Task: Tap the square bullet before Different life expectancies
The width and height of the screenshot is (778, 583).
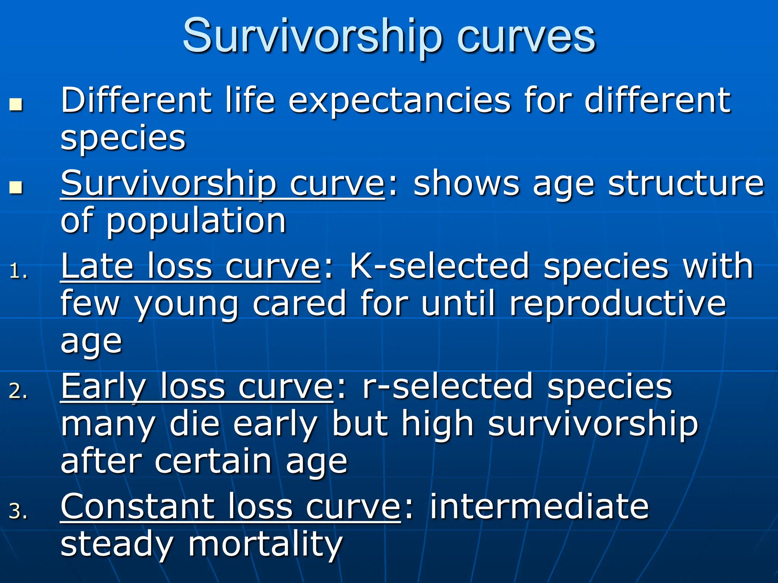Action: coord(16,104)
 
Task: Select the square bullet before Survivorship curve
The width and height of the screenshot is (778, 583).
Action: coord(16,187)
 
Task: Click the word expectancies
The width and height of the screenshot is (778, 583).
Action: coord(399,101)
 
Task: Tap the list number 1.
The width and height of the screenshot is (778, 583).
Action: coord(18,272)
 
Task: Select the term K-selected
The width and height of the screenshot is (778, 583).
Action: coord(439,266)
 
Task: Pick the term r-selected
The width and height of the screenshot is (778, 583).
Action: coord(448,386)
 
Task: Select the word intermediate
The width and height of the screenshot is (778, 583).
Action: coord(539,507)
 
